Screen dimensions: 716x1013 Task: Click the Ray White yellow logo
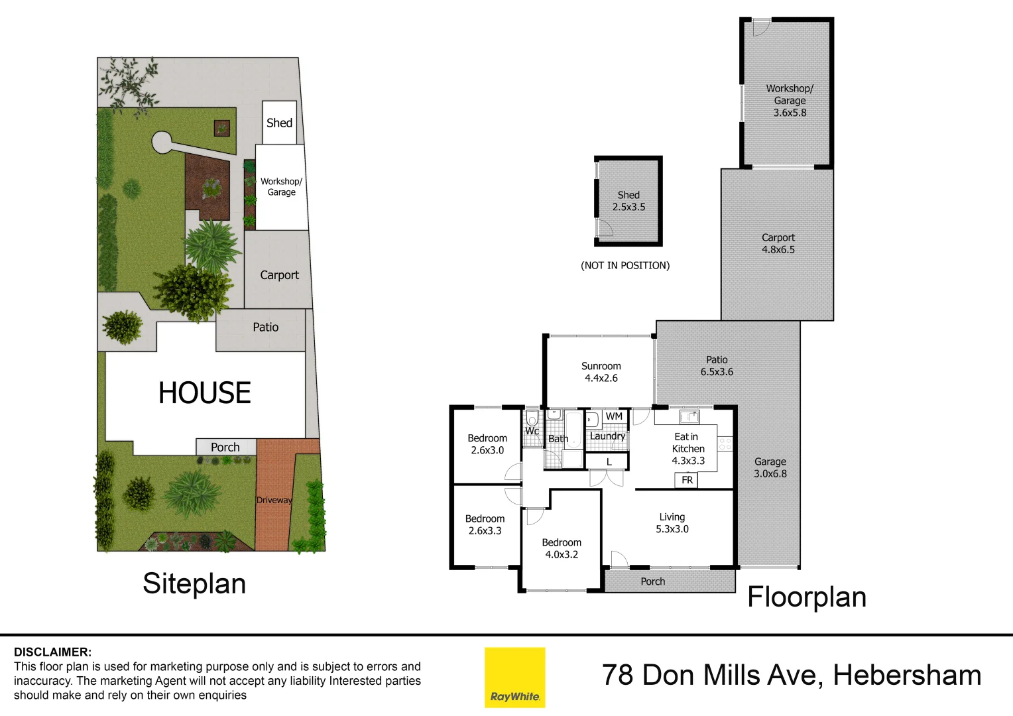pyautogui.click(x=514, y=677)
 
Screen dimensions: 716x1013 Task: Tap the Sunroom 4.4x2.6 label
pyautogui.click(x=601, y=372)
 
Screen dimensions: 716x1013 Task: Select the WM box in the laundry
pyautogui.click(x=614, y=416)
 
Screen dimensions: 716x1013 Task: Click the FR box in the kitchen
pyautogui.click(x=687, y=480)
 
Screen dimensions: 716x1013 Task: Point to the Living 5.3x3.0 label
pyautogui.click(x=672, y=523)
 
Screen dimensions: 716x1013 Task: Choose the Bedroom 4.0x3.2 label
pyautogui.click(x=561, y=548)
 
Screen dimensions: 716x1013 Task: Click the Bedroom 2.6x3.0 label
pyautogui.click(x=487, y=444)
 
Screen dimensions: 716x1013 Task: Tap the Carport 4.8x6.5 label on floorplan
pyautogui.click(x=778, y=243)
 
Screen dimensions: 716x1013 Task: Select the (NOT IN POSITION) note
pyautogui.click(x=625, y=265)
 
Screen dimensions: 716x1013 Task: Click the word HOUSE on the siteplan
pyautogui.click(x=204, y=393)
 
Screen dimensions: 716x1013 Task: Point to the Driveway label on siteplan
pyautogui.click(x=274, y=500)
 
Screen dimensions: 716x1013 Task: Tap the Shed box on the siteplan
pyautogui.click(x=279, y=123)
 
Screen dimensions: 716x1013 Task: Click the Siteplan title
pyautogui.click(x=194, y=583)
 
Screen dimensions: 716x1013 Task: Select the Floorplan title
pyautogui.click(x=806, y=597)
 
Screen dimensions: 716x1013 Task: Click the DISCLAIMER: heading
pyautogui.click(x=53, y=652)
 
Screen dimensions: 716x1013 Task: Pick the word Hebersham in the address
pyautogui.click(x=906, y=675)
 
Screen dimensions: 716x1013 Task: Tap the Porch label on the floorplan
pyautogui.click(x=652, y=581)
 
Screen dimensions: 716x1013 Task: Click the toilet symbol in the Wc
pyautogui.click(x=532, y=419)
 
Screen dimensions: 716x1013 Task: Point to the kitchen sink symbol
pyautogui.click(x=689, y=417)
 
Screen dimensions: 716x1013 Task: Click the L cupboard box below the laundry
pyautogui.click(x=609, y=461)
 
